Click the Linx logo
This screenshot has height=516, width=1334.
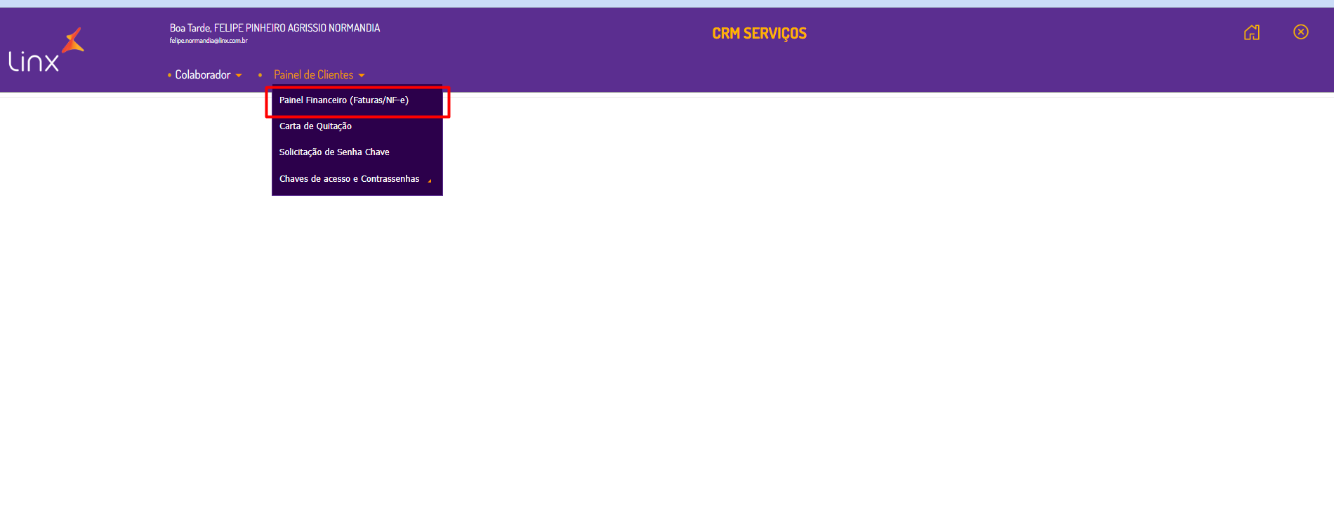point(34,62)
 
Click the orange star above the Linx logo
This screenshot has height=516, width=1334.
point(73,41)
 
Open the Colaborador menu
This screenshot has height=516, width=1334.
point(203,75)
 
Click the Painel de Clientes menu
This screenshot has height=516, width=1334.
point(314,75)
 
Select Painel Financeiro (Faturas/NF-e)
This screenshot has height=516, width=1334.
point(344,100)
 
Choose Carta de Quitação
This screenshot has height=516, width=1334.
point(315,126)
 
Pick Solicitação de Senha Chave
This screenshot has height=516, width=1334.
point(334,152)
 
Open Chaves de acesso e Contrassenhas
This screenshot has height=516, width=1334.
point(349,179)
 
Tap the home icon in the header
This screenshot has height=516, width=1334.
point(1252,32)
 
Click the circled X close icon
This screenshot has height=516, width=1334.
point(1301,32)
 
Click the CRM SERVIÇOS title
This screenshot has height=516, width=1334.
point(759,34)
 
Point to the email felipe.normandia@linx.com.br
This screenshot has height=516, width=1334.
point(209,41)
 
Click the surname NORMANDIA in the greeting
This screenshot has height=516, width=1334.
point(354,28)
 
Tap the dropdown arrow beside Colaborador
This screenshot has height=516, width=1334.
point(239,76)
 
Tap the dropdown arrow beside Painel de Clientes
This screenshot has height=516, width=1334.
point(362,76)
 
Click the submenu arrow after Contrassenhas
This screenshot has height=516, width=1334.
point(430,180)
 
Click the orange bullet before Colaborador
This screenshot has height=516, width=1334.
point(169,75)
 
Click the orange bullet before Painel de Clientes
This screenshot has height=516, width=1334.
point(260,75)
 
